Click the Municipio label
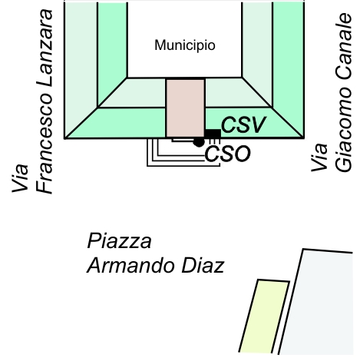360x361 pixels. [x=185, y=45]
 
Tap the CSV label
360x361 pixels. [x=243, y=124]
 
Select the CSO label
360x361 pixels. [x=227, y=154]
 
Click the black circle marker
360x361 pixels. [x=199, y=141]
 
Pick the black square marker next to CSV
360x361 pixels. [x=213, y=134]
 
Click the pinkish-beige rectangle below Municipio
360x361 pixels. [x=186, y=108]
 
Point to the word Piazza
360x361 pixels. [x=120, y=241]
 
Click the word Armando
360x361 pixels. [x=131, y=266]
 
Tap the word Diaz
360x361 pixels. [x=203, y=266]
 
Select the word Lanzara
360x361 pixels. [x=45, y=48]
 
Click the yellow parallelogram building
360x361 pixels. [x=264, y=316]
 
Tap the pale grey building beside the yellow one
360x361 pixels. [x=316, y=302]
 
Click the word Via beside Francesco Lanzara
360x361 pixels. [x=20, y=178]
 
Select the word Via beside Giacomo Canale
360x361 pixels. [x=319, y=157]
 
